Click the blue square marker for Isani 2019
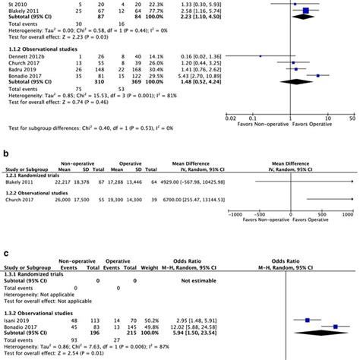(307, 321)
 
